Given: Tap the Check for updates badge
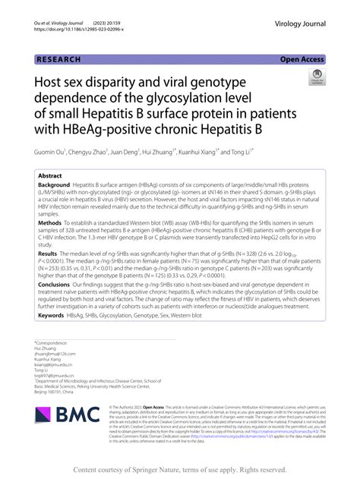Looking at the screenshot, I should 314,77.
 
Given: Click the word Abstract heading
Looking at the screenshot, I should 50,175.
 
